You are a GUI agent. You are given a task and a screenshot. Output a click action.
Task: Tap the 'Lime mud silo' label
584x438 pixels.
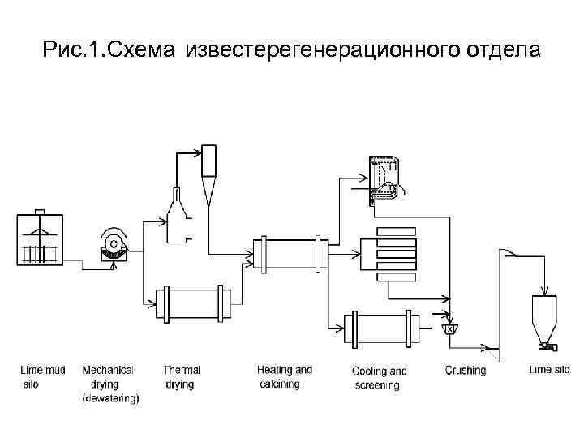(x=43, y=377)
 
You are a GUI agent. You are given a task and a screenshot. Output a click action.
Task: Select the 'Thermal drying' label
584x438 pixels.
(x=182, y=377)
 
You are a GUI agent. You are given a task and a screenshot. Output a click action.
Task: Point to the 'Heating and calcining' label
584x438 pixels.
(x=284, y=377)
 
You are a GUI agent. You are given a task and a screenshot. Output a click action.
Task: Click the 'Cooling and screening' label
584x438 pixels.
(x=379, y=378)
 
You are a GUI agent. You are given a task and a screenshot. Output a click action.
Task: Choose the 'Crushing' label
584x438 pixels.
(x=466, y=371)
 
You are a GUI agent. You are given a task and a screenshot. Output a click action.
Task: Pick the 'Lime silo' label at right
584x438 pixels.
(x=550, y=371)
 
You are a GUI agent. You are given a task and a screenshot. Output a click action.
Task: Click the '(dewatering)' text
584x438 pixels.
(x=111, y=398)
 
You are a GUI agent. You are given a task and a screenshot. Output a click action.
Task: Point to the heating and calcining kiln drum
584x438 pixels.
(x=290, y=254)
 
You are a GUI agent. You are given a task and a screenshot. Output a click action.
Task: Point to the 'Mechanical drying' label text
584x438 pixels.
(x=108, y=377)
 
